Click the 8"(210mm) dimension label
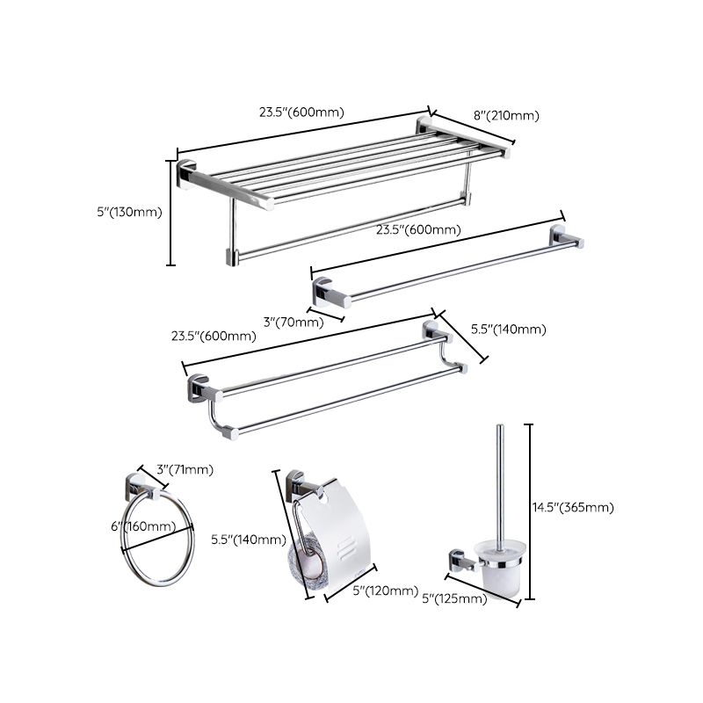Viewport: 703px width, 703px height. pyautogui.click(x=506, y=115)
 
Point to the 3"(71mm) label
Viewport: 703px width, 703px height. pyautogui.click(x=185, y=469)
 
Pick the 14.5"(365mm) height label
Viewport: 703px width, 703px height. pyautogui.click(x=573, y=507)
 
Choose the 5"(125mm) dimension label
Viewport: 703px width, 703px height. pyautogui.click(x=454, y=599)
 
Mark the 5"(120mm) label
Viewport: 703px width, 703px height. pyautogui.click(x=385, y=591)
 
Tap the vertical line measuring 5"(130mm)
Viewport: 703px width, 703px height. pyautogui.click(x=170, y=212)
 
